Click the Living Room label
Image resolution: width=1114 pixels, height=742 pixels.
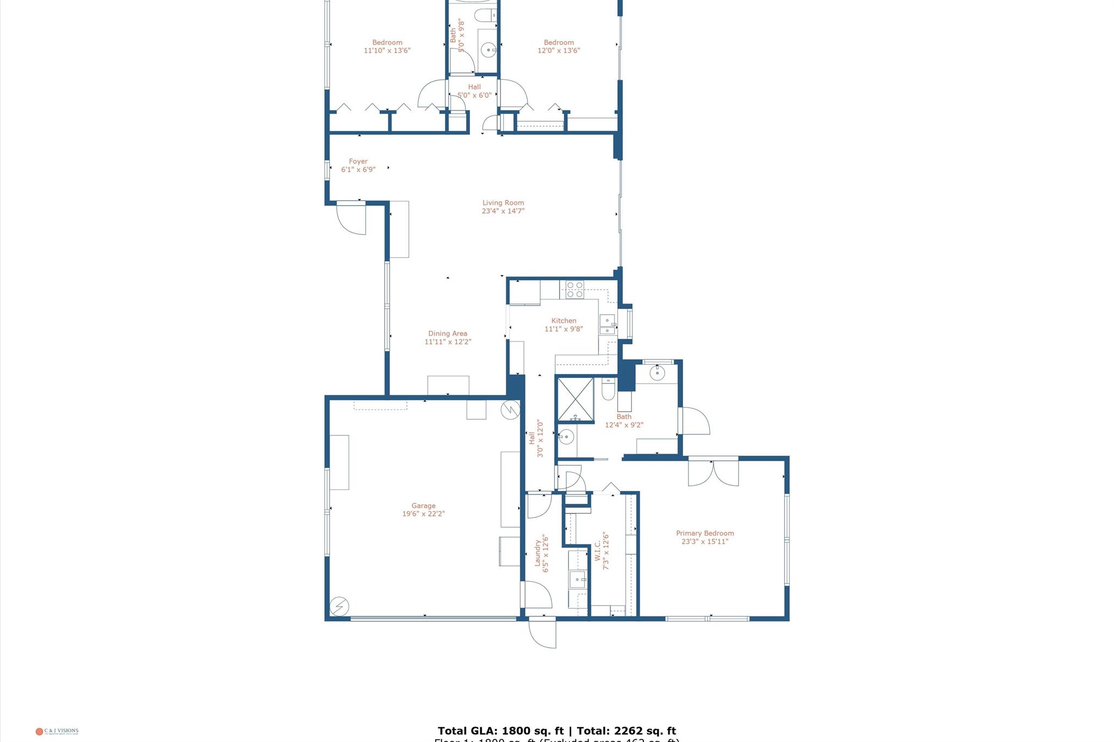tap(503, 203)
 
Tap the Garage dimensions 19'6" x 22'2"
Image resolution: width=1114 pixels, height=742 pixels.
tap(423, 514)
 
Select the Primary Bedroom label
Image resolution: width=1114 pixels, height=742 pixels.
tap(704, 533)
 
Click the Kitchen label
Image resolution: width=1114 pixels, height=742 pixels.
tap(564, 321)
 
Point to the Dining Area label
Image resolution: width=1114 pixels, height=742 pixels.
tap(447, 334)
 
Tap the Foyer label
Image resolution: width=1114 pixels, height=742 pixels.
tap(358, 161)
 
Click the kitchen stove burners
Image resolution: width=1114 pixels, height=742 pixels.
tap(574, 289)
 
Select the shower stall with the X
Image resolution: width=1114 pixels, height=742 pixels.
tap(575, 400)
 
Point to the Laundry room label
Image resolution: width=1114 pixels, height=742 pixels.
tap(537, 553)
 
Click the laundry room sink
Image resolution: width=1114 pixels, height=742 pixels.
tap(577, 579)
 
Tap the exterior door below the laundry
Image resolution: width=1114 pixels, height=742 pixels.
tap(543, 633)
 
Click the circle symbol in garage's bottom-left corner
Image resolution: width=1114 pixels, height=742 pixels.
tap(339, 606)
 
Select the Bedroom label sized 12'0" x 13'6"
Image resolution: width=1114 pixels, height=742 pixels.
tap(559, 42)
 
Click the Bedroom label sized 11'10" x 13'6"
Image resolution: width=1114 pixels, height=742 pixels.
tap(387, 42)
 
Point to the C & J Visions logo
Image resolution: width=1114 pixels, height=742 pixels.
tap(57, 731)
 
